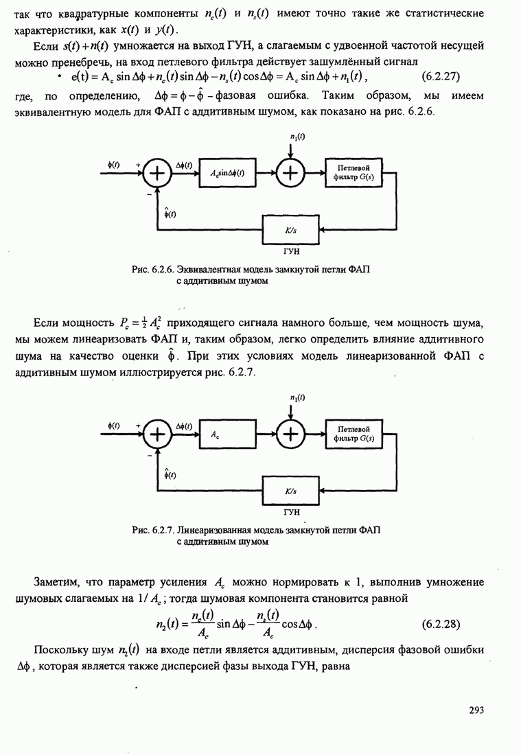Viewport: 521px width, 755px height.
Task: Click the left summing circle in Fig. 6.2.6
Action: coord(158,174)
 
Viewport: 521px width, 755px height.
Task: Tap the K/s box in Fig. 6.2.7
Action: coord(290,491)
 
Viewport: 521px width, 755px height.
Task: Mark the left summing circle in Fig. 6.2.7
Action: coord(158,434)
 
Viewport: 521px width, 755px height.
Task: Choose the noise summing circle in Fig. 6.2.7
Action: coord(292,434)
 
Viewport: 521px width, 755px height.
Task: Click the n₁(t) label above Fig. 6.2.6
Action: coord(297,137)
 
